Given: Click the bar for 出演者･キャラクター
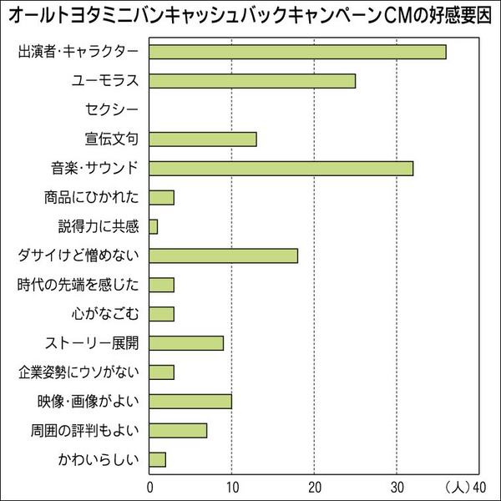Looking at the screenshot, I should tap(297, 52).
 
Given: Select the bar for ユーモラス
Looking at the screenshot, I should tap(252, 81).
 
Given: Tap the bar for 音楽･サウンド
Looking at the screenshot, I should tap(281, 168).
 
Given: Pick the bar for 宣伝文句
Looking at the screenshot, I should tap(203, 139).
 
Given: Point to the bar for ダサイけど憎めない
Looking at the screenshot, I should tap(223, 256).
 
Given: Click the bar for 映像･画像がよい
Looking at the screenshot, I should tap(190, 401).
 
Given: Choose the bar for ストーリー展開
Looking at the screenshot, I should tap(186, 342).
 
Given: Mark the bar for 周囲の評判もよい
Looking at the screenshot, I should tap(178, 430).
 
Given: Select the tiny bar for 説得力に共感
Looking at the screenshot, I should tap(154, 226).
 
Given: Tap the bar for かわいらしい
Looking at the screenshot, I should tap(158, 459).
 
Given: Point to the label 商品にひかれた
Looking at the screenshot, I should tap(92, 197).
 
